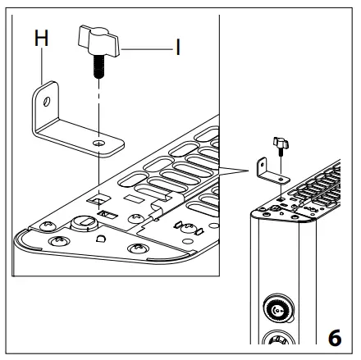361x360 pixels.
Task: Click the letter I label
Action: (x=177, y=48)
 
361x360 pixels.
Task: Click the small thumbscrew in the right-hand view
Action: (x=281, y=145)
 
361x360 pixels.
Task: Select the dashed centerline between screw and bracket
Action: (x=97, y=107)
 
